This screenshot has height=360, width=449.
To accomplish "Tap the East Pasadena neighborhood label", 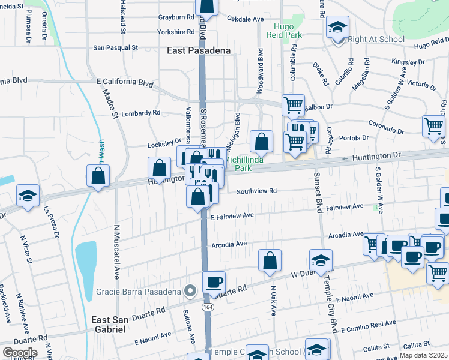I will (199, 51).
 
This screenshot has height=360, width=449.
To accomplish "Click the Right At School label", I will (376, 40).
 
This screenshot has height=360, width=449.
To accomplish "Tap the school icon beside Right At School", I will (338, 29).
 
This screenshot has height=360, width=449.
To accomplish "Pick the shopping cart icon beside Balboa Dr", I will (293, 105).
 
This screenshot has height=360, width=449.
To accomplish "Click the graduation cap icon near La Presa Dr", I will (28, 196).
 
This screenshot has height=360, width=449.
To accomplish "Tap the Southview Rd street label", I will (256, 191).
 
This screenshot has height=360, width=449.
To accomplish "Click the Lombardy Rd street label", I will (140, 112).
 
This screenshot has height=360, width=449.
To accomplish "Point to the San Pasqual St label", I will (115, 47).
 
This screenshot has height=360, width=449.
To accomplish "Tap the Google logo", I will (19, 352).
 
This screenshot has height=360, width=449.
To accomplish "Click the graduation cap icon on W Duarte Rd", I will (321, 259).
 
